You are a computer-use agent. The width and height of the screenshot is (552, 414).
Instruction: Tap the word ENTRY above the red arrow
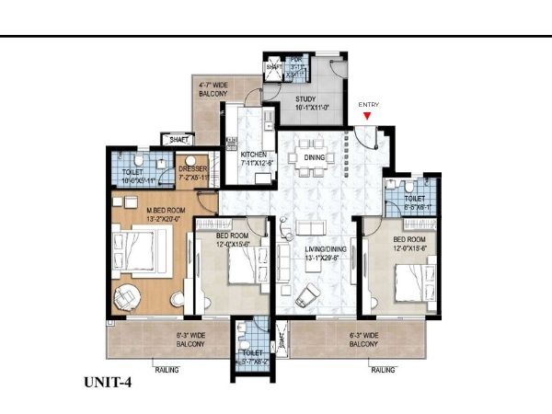[x=369, y=105]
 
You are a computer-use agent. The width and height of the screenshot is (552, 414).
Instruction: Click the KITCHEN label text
[x=254, y=155]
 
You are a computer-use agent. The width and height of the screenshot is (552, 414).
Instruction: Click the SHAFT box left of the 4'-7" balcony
[x=179, y=139]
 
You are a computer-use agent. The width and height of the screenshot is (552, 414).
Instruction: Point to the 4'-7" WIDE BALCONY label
[x=213, y=88]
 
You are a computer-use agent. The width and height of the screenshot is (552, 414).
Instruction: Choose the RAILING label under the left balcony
[x=167, y=370]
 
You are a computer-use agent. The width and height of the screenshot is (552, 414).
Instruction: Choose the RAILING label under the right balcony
[x=384, y=370]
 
